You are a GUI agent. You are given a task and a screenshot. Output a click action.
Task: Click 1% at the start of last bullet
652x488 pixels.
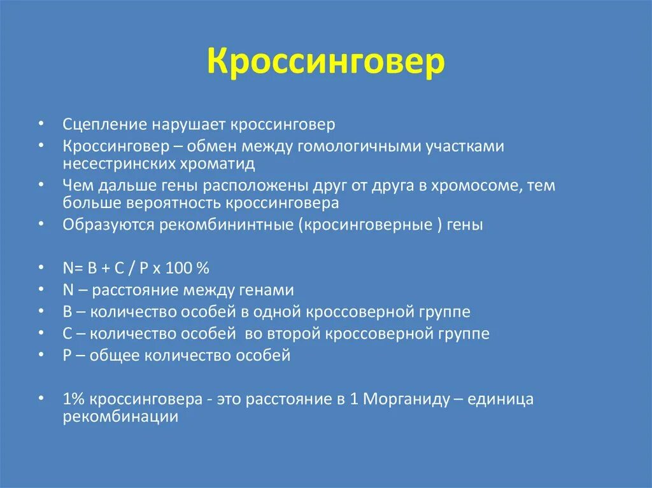(x=74, y=400)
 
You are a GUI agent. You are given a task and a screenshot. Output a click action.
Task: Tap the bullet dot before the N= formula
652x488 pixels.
(x=41, y=268)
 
